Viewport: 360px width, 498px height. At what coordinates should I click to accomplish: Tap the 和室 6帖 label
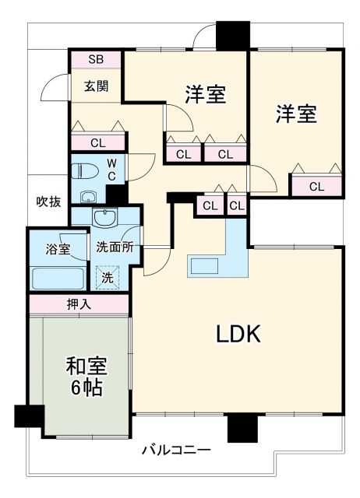(84, 376)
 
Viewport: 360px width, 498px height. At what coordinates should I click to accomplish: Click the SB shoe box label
(95, 60)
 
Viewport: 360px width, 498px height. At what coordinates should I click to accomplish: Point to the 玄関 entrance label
(96, 86)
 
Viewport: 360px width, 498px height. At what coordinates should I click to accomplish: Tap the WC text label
(111, 169)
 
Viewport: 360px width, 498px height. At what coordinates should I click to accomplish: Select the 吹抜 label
(48, 201)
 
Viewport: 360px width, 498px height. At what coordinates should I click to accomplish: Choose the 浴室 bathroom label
(58, 250)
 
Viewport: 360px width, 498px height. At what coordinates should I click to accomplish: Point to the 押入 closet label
(79, 304)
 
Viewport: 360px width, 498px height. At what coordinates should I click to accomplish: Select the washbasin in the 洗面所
(104, 217)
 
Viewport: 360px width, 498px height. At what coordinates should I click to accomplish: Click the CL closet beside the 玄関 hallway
(97, 142)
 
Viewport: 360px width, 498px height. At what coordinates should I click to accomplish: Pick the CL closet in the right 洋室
(316, 186)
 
